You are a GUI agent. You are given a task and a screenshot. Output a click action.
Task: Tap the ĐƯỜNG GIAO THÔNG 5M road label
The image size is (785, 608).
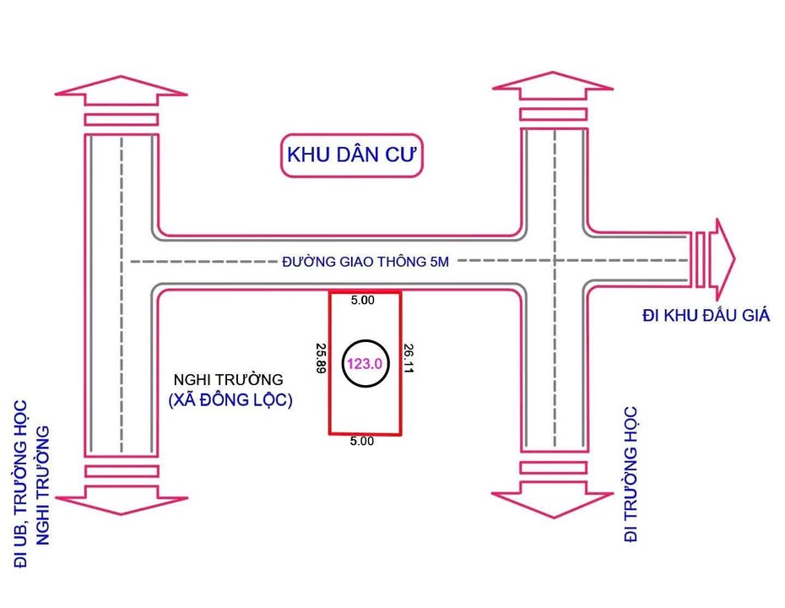[365, 262]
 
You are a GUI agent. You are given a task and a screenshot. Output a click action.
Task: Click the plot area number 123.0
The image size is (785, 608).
[365, 363]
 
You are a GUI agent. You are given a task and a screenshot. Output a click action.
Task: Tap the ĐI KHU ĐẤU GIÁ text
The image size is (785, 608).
[706, 316]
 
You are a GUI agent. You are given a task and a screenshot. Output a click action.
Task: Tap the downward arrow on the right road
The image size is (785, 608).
[553, 500]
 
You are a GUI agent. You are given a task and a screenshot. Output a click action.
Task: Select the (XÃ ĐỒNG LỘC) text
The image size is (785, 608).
[230, 401]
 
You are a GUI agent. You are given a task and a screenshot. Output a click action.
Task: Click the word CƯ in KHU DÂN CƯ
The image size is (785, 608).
[401, 155]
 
